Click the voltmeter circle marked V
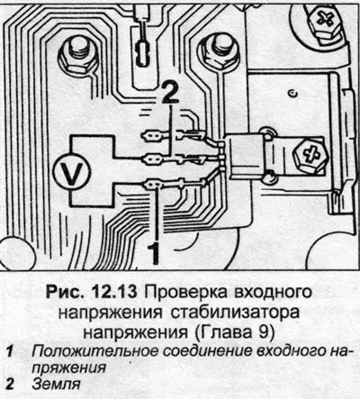pos(71,172)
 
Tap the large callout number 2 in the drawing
pos(170,93)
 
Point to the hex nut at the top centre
pos(218,51)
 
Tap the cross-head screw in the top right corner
pos(325,19)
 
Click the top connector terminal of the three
pos(152,137)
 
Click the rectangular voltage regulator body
pos(246,157)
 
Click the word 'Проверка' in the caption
pos(187,293)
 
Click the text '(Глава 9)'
pos(232,333)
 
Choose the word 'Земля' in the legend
pos(57,385)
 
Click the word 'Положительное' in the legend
pos(94,351)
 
